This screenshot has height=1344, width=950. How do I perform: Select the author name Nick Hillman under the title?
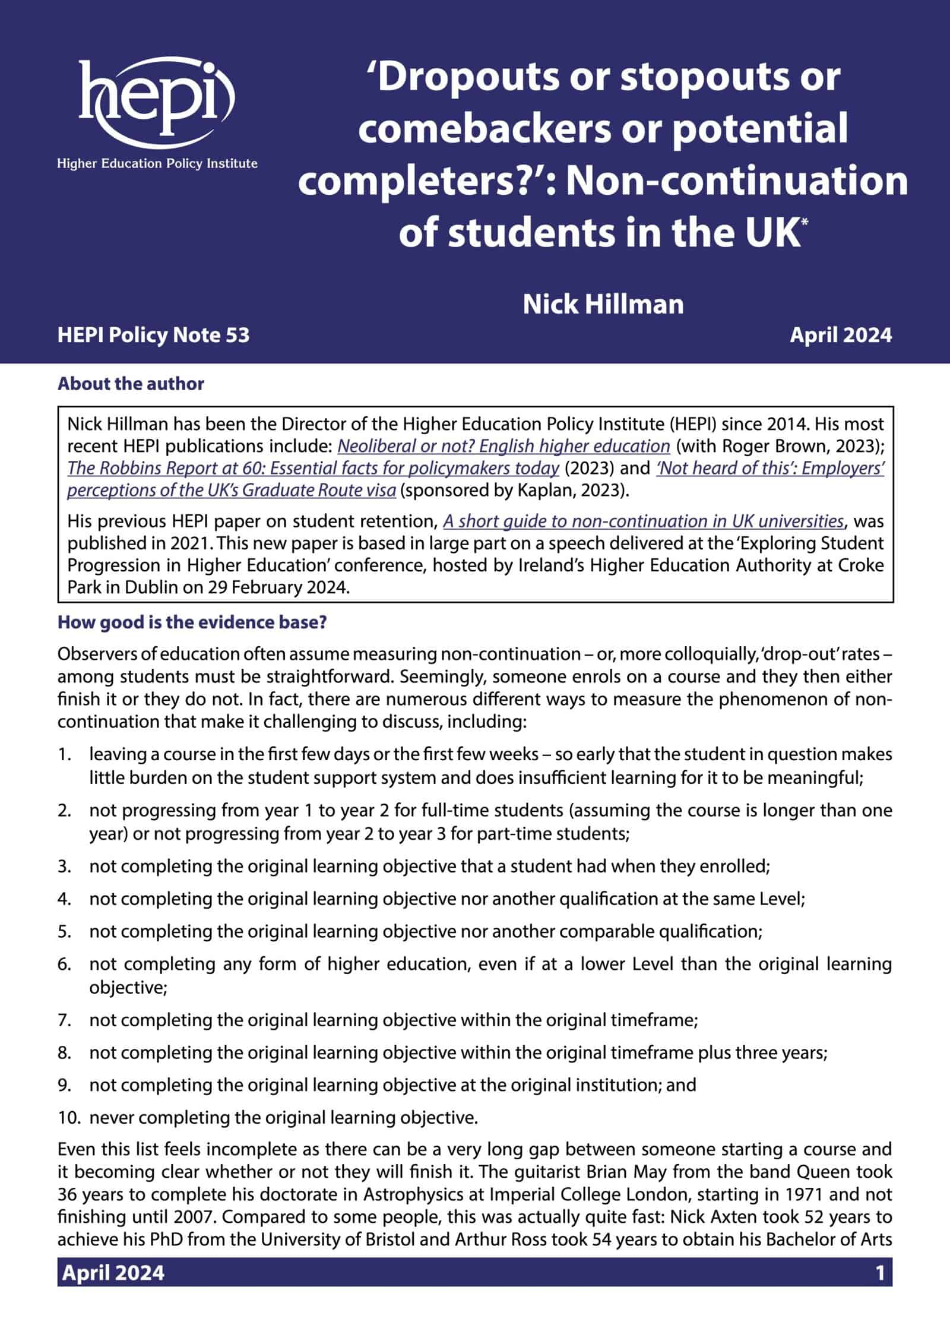point(603,304)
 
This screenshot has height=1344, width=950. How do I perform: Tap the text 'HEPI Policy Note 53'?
point(153,336)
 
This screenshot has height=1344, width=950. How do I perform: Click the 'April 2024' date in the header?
point(840,336)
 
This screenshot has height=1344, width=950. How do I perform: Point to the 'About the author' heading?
point(131,384)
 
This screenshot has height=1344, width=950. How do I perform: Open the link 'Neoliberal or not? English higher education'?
point(503,446)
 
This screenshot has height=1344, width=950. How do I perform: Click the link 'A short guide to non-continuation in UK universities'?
point(644,521)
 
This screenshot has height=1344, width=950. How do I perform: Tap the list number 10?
point(68,1118)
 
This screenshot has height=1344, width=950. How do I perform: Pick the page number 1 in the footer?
point(880,1273)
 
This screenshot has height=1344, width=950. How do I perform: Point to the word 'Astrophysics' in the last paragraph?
point(411,1194)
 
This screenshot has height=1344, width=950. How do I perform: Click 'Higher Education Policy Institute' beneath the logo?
point(157,163)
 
